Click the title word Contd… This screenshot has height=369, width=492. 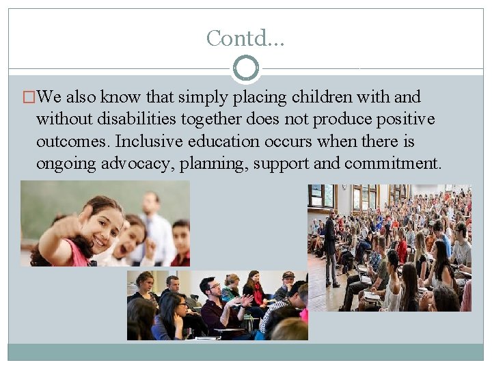pyautogui.click(x=245, y=38)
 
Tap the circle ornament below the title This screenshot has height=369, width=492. pyautogui.click(x=246, y=68)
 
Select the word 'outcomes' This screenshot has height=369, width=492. pyautogui.click(x=73, y=142)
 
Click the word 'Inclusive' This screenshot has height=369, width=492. pyautogui.click(x=148, y=142)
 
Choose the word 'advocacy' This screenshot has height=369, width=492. pyautogui.click(x=140, y=164)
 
